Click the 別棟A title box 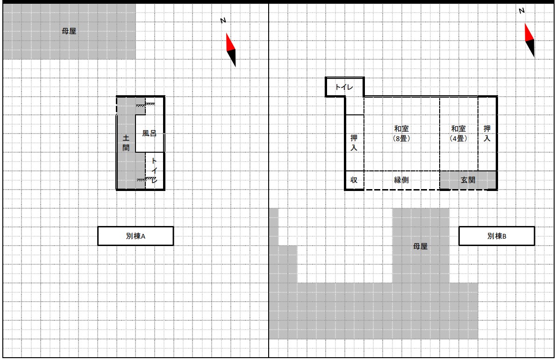(135, 236)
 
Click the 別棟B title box (496, 236)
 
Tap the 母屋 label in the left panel (69, 31)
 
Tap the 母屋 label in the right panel (420, 246)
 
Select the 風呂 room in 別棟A (150, 133)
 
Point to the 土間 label (126, 142)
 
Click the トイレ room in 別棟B (344, 87)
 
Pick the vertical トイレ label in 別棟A (154, 170)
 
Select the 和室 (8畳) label (401, 133)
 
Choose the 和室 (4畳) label (458, 133)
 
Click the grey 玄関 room (468, 180)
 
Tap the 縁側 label (401, 180)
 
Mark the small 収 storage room (354, 180)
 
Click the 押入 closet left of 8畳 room (354, 143)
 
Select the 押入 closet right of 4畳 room (487, 134)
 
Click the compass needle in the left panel (231, 50)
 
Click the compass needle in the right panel (530, 41)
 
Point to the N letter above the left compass (223, 21)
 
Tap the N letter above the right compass (521, 11)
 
